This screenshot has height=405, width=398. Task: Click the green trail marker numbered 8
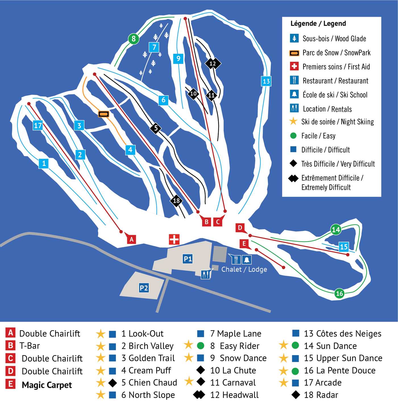133,39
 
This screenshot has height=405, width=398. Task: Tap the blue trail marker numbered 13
266,81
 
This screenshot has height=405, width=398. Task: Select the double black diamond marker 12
213,63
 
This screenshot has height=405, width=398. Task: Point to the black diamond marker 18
176,201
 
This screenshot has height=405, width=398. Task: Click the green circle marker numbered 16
339,294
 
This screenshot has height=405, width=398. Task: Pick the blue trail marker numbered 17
38,125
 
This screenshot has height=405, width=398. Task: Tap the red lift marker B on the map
207,222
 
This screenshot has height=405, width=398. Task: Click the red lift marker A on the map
131,239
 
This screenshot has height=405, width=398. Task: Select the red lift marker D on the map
240,228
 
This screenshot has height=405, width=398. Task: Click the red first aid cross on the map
174,239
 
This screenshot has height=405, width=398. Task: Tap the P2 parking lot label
144,288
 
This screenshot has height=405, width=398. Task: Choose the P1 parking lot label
188,259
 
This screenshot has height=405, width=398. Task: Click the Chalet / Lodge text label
244,269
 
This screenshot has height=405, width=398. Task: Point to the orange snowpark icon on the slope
103,114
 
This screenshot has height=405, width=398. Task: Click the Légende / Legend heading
318,24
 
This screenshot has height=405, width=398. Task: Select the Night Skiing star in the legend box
293,121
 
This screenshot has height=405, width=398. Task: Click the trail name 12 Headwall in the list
234,395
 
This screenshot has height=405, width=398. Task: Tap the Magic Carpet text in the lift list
47,385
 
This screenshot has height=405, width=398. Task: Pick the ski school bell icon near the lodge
246,259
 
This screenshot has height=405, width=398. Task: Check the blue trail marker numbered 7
154,47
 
